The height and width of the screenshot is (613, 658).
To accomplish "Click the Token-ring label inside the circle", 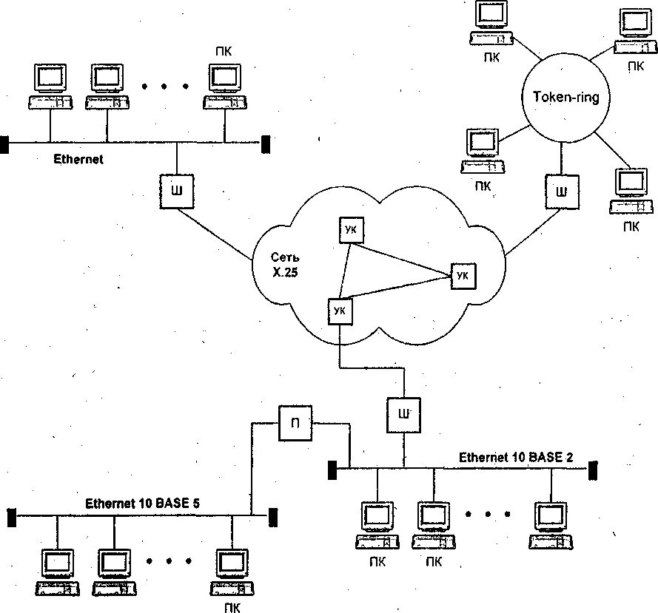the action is click(x=565, y=98).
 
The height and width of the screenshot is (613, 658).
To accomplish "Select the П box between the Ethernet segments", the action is click(x=295, y=423).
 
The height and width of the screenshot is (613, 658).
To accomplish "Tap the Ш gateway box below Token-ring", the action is click(x=562, y=192).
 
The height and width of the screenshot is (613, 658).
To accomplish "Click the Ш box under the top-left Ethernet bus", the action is click(x=177, y=191).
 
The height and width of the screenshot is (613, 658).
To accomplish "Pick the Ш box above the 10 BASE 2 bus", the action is click(x=403, y=415).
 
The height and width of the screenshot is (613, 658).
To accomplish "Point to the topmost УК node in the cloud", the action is click(x=352, y=230).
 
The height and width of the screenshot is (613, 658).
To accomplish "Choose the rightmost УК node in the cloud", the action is click(x=463, y=276).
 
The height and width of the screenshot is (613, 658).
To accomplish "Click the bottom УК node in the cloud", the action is click(x=340, y=311).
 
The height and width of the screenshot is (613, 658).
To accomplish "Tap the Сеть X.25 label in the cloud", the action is click(x=285, y=265).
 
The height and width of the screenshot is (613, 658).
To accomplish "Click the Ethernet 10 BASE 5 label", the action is click(x=143, y=503).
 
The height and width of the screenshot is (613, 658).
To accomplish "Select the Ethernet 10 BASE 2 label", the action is click(x=516, y=457).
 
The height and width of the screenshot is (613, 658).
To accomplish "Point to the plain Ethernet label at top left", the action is click(x=78, y=159).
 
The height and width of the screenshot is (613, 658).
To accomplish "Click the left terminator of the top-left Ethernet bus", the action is click(x=4, y=145).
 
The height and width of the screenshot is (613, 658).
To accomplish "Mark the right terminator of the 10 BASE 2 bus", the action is click(x=593, y=470).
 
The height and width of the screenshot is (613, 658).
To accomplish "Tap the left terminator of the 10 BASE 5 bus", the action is click(x=12, y=518).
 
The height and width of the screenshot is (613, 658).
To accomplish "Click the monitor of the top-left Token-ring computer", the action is click(x=491, y=15).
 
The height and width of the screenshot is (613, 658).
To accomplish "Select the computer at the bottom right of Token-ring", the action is click(x=631, y=192).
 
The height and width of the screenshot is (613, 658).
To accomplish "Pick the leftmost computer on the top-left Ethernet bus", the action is click(x=50, y=87).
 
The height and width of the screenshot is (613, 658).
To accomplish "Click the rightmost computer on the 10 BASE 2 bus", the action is click(x=551, y=526).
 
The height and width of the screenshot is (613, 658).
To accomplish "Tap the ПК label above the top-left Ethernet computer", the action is click(x=224, y=51).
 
